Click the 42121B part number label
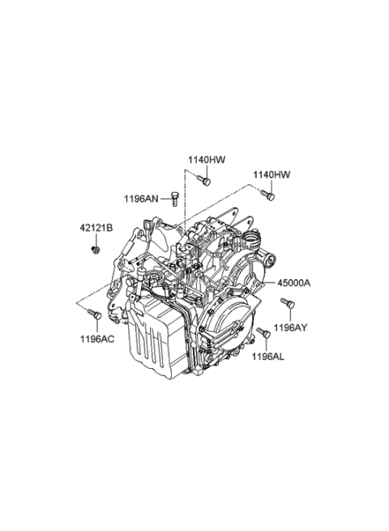pyautogui.click(x=95, y=229)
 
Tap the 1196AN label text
pyautogui.click(x=140, y=199)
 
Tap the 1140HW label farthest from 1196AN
pyautogui.click(x=271, y=174)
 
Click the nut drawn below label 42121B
pyautogui.click(x=95, y=248)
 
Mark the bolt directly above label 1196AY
pyautogui.click(x=286, y=303)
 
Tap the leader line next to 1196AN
pyautogui.click(x=165, y=199)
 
